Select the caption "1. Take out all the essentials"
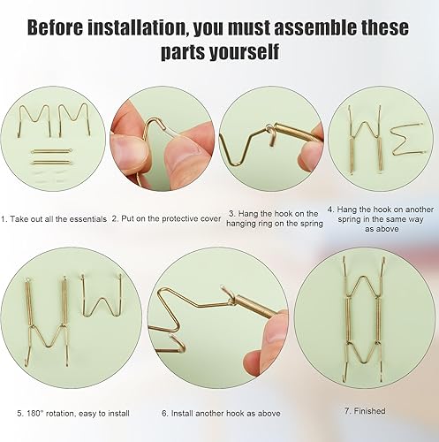pyautogui.click(x=54, y=219)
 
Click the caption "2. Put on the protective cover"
pyautogui.click(x=166, y=219)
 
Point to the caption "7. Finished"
pyautogui.click(x=365, y=410)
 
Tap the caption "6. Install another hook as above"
pyautogui.click(x=221, y=414)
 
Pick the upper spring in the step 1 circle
pyautogui.click(x=51, y=151)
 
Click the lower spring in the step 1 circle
pyautogui.click(x=51, y=162)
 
